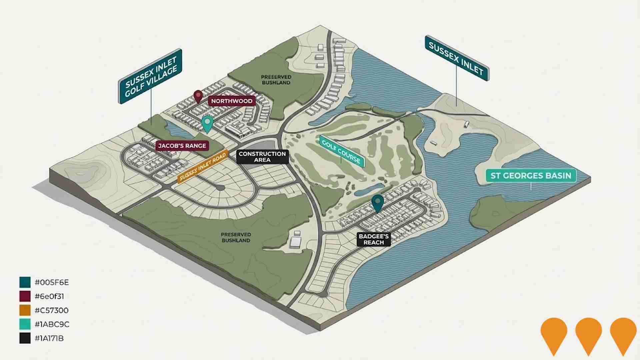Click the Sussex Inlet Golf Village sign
click(x=150, y=76)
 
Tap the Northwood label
click(x=232, y=101)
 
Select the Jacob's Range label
click(x=182, y=146)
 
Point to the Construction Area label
click(x=262, y=157)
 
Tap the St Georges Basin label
click(x=531, y=176)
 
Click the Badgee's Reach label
click(x=374, y=239)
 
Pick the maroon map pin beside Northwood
click(x=198, y=96)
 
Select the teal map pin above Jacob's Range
click(x=207, y=124)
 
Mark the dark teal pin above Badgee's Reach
click(x=377, y=203)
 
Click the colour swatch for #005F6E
click(x=25, y=282)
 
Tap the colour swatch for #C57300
click(x=25, y=310)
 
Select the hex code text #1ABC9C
click(x=52, y=324)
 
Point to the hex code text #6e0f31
click(x=49, y=296)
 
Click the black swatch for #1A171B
click(x=25, y=338)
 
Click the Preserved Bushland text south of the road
click(x=236, y=237)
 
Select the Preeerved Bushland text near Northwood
click(x=276, y=80)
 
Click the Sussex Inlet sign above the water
click(x=456, y=58)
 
